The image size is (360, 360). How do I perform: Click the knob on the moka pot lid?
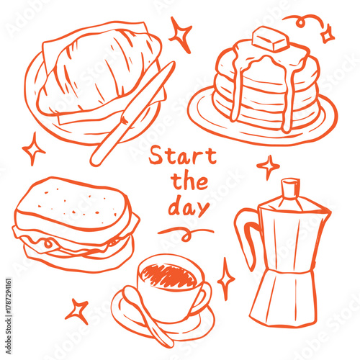288,188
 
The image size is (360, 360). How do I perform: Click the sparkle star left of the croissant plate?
33,148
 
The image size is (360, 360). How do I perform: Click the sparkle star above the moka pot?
268,167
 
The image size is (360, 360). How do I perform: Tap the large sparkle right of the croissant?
180,34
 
